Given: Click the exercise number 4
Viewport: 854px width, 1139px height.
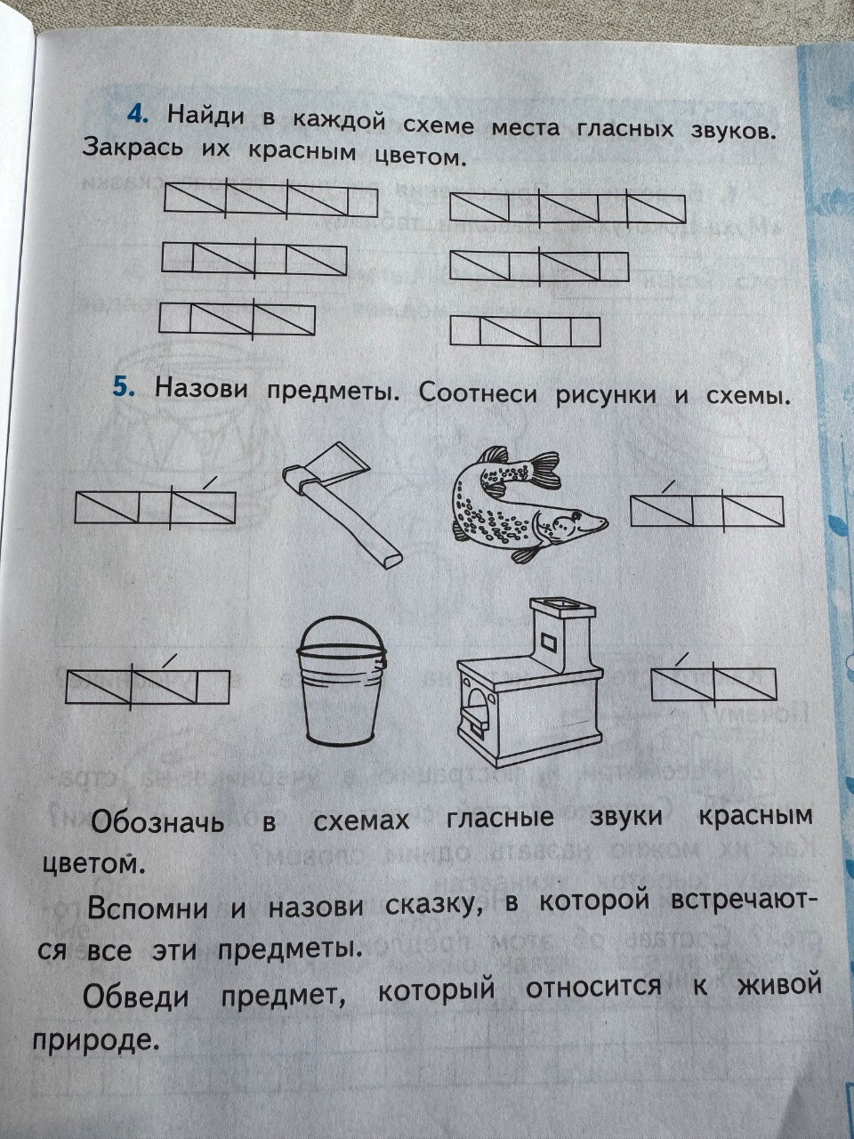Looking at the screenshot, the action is [138, 115].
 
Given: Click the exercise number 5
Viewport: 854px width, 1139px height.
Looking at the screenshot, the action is [124, 388].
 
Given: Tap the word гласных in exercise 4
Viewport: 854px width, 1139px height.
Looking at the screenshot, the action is [624, 129].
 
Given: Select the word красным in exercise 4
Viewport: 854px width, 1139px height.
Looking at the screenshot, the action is [302, 152].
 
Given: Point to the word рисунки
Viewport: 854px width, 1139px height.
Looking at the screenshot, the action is [605, 395].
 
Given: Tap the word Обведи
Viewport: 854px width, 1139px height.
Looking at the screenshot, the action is [136, 995].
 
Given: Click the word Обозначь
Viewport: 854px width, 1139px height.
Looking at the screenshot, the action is [157, 821].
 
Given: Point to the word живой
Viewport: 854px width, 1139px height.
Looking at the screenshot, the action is [780, 984].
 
